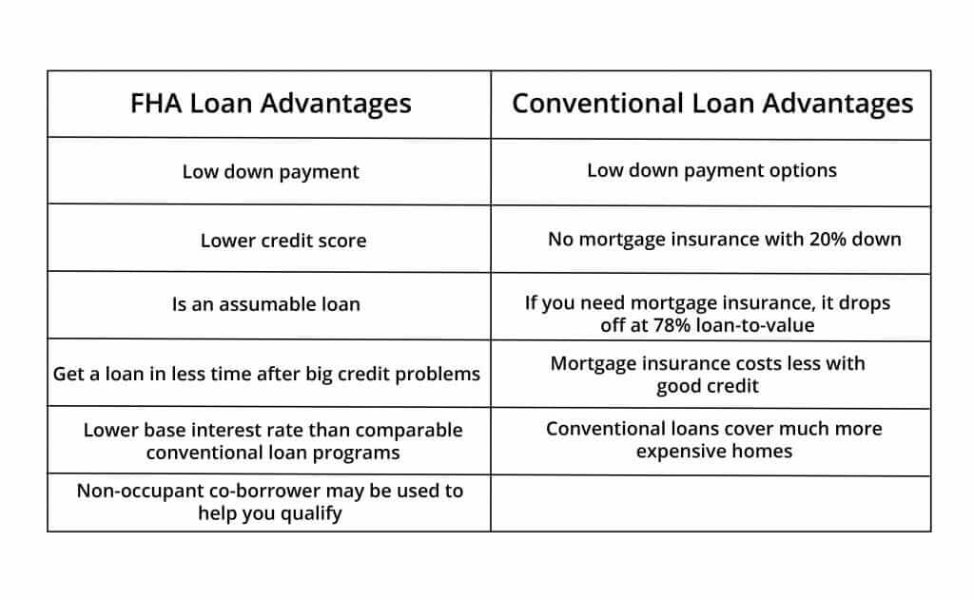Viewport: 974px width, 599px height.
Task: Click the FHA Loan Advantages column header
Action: click(x=270, y=104)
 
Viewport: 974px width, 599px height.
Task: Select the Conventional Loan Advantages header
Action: click(x=712, y=104)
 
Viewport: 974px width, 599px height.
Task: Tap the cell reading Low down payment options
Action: click(x=711, y=171)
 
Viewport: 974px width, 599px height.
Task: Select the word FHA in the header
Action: click(x=156, y=104)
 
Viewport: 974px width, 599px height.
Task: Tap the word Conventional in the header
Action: click(x=597, y=104)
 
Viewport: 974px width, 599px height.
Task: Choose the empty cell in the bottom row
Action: click(x=711, y=503)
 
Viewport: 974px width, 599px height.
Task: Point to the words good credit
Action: click(x=708, y=386)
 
